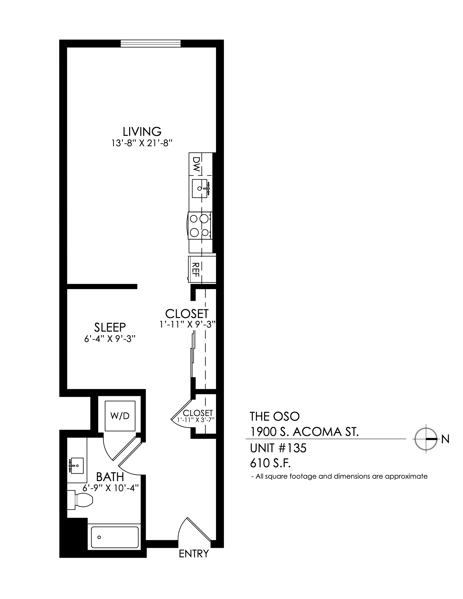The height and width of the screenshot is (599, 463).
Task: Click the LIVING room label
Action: [x=142, y=132]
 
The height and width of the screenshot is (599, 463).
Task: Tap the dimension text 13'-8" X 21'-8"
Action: [x=142, y=143]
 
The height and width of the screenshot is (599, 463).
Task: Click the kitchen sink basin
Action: [x=200, y=188]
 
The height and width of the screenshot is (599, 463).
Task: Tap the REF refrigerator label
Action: [x=195, y=269]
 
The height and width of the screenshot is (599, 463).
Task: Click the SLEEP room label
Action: [x=110, y=327]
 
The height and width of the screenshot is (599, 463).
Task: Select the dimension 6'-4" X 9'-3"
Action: [x=110, y=339]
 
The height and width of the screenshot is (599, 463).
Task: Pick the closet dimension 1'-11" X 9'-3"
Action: [x=187, y=325]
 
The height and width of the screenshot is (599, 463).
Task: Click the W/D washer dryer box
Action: [x=120, y=416]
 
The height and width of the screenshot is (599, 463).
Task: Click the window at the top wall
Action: [x=151, y=44]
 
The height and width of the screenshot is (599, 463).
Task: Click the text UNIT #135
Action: [x=278, y=448]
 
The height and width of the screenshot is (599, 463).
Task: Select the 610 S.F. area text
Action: [x=270, y=463]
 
